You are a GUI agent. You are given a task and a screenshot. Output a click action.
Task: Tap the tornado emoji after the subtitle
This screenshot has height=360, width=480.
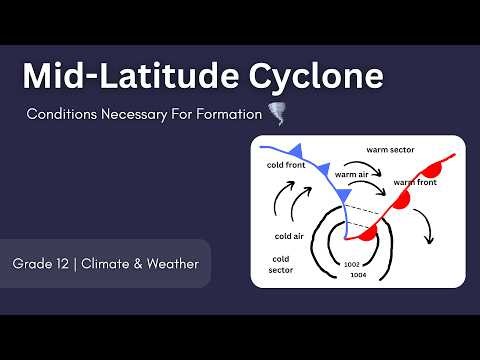277,114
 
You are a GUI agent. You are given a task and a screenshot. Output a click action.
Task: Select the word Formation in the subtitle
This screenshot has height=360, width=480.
227,115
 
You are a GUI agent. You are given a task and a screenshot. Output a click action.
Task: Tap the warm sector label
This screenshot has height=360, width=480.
390,149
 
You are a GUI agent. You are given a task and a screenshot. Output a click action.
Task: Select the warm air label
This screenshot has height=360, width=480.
352,175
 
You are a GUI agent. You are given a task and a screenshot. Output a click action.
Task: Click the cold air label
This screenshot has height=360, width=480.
288,236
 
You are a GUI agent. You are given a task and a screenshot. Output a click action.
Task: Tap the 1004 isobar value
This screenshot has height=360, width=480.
359,274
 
